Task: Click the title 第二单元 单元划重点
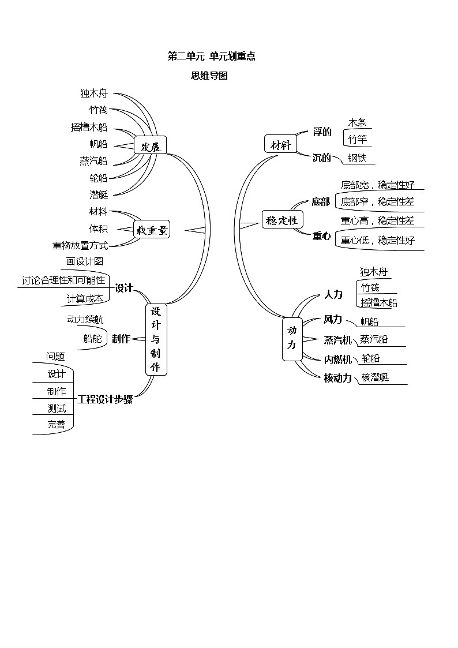coord(211,56)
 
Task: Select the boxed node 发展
coord(150,146)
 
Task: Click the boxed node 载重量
coord(152,231)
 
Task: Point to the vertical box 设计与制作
coord(155,339)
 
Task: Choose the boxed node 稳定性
coord(282,220)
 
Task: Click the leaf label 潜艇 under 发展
coord(99,194)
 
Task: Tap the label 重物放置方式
coord(80,245)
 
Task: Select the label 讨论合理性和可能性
coord(63,280)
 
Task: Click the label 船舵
coord(92,339)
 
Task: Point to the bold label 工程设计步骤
coord(105,399)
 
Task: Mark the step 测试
coord(57,409)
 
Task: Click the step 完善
coord(57,425)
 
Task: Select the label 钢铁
coord(357,158)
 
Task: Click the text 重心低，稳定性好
coord(377,241)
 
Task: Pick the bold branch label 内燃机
coord(337,359)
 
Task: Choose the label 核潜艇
coord(375,377)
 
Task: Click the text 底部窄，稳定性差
coord(377,202)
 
